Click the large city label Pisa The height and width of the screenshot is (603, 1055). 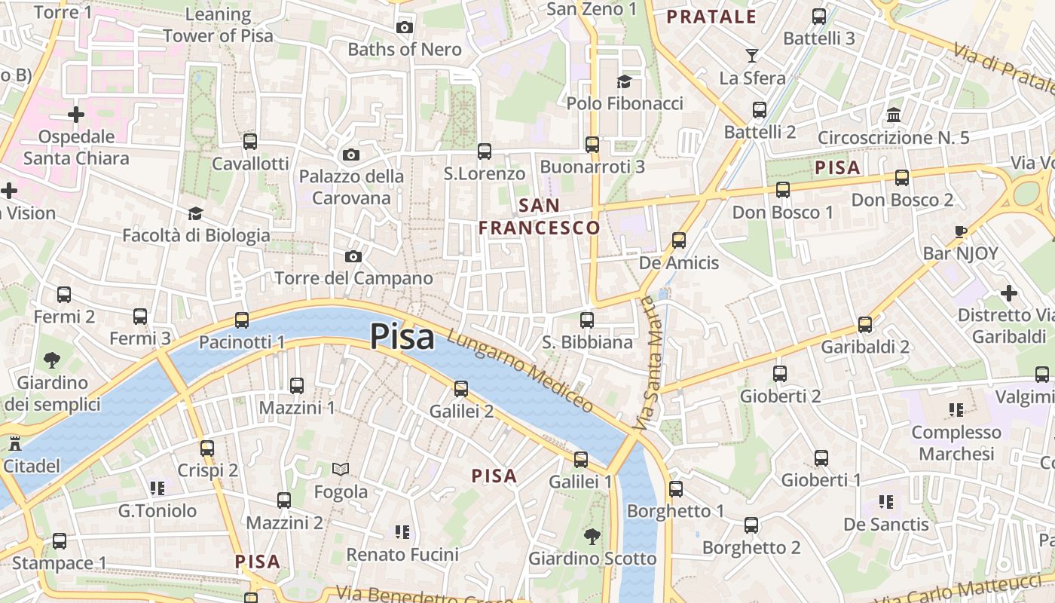pos(402,337)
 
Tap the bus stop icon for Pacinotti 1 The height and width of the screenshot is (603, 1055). pos(242,320)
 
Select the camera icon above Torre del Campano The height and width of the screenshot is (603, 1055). pos(353,257)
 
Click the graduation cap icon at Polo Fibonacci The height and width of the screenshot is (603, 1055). pos(624,81)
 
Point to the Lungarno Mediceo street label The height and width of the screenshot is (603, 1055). pos(520,372)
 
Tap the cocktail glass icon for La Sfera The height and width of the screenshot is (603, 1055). pos(751,56)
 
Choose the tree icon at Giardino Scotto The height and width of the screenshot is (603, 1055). pos(592,537)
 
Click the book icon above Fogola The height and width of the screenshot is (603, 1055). pos(341,470)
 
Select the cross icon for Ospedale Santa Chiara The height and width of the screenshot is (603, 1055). pos(75,115)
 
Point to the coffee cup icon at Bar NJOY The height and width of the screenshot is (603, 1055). pos(960,231)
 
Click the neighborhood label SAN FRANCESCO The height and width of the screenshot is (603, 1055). pos(540,216)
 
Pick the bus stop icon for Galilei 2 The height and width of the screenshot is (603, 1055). pos(461,389)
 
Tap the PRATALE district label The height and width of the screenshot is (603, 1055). pos(711,17)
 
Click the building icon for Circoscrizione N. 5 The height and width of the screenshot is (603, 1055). pos(894,115)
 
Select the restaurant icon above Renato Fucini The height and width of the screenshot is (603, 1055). pos(402,532)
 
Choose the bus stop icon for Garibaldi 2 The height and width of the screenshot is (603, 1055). pos(865,325)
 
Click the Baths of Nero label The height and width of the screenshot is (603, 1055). pos(405,50)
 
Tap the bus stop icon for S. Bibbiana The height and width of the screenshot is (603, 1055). pos(587,320)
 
